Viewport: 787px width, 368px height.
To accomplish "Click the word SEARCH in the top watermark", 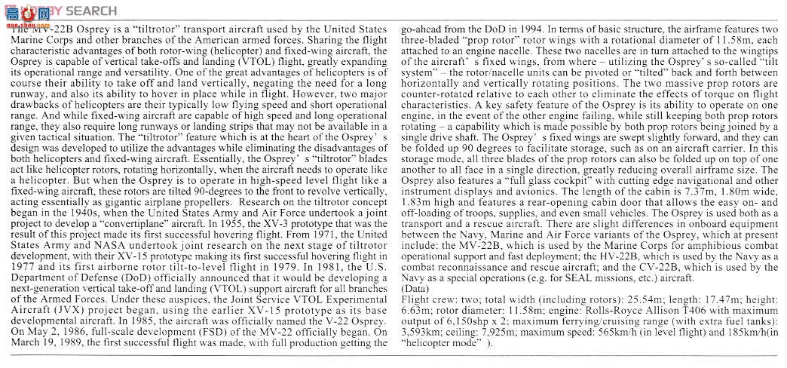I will click(91, 10).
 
